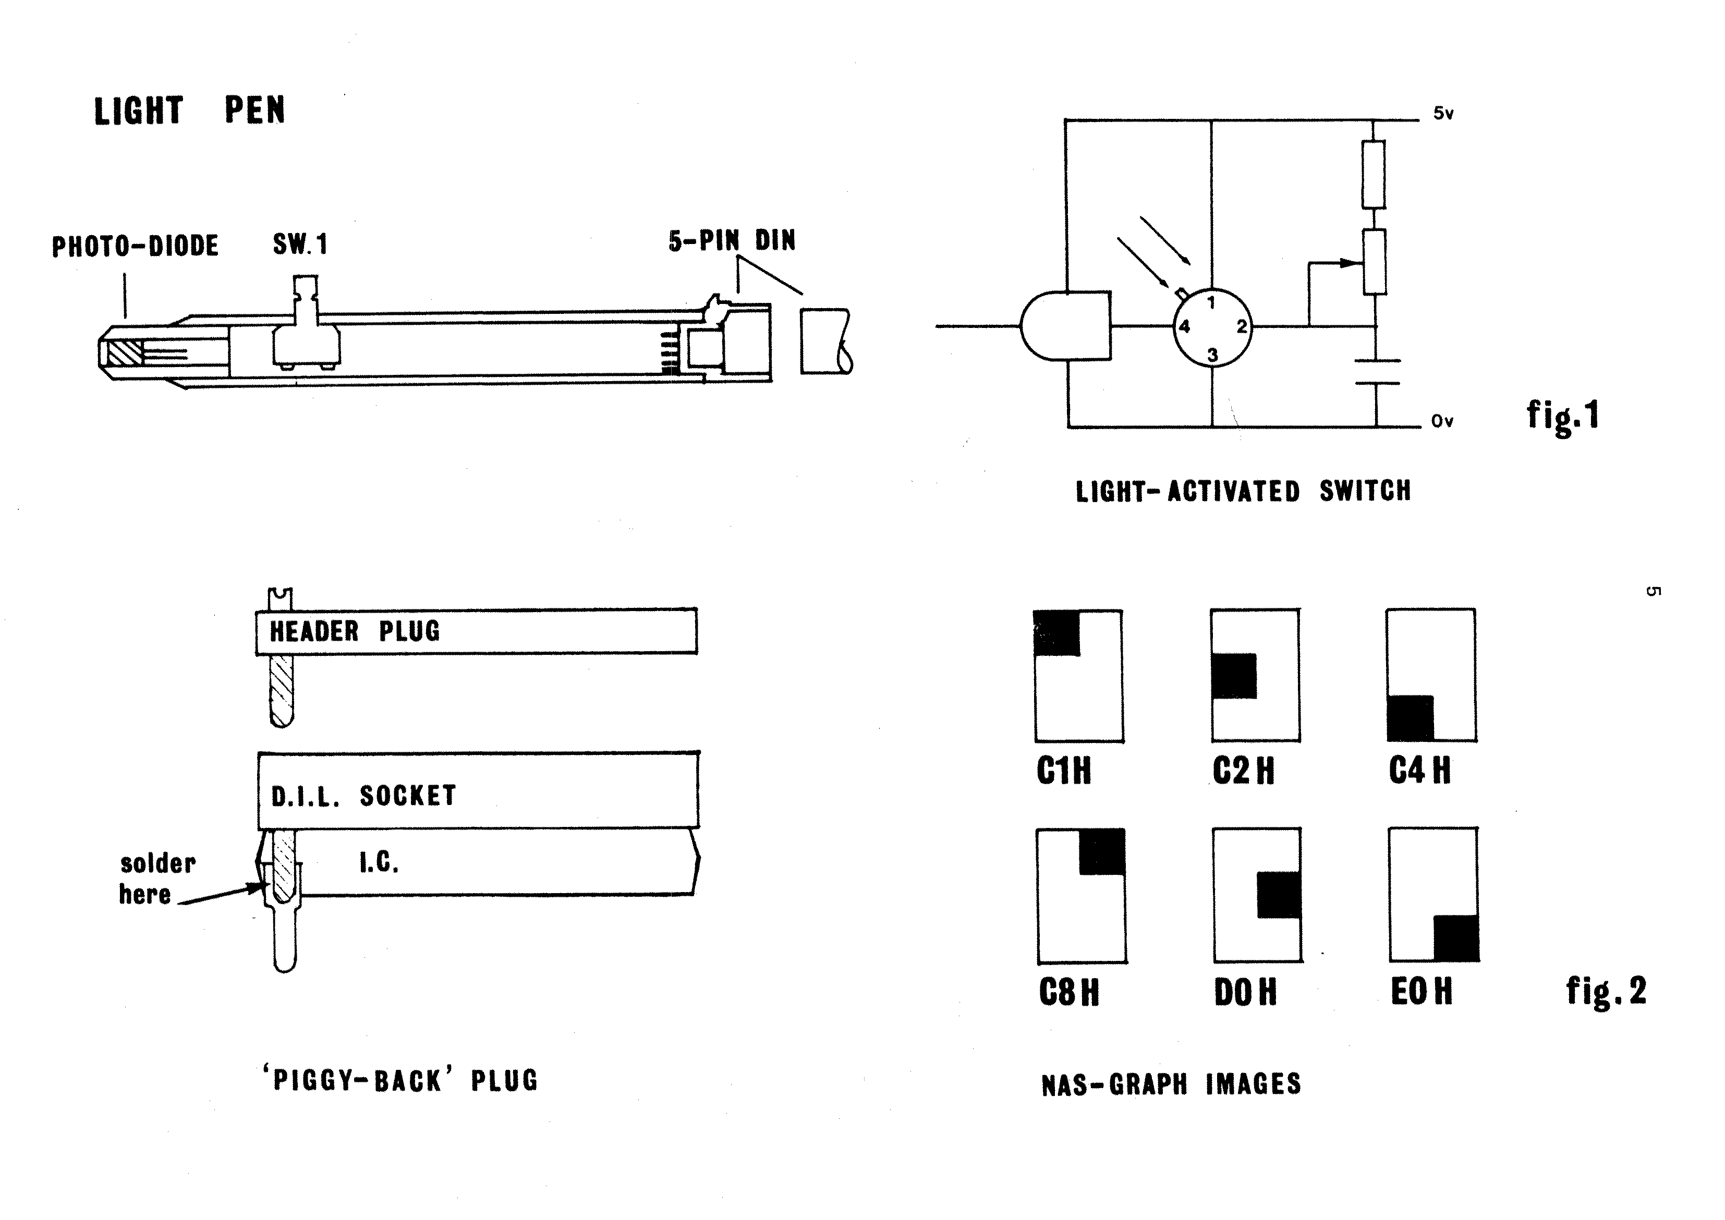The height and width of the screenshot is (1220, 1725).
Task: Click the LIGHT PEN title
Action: pos(189,111)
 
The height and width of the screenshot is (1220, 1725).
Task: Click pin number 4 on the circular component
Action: pos(1185,327)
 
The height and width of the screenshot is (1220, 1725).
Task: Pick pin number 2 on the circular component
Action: pos(1241,327)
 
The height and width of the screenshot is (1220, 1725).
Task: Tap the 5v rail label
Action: pos(1443,114)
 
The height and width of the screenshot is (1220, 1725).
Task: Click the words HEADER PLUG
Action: pos(355,631)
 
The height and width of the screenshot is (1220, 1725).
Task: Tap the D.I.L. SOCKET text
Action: pos(363,796)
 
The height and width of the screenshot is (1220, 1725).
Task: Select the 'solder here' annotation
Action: pos(156,879)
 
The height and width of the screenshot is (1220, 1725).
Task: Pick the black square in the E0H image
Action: pos(1456,938)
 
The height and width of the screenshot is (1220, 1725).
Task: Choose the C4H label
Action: pos(1420,771)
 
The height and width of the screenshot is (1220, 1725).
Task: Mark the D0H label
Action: pos(1245,992)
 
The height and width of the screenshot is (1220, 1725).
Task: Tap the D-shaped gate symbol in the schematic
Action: pos(1065,327)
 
